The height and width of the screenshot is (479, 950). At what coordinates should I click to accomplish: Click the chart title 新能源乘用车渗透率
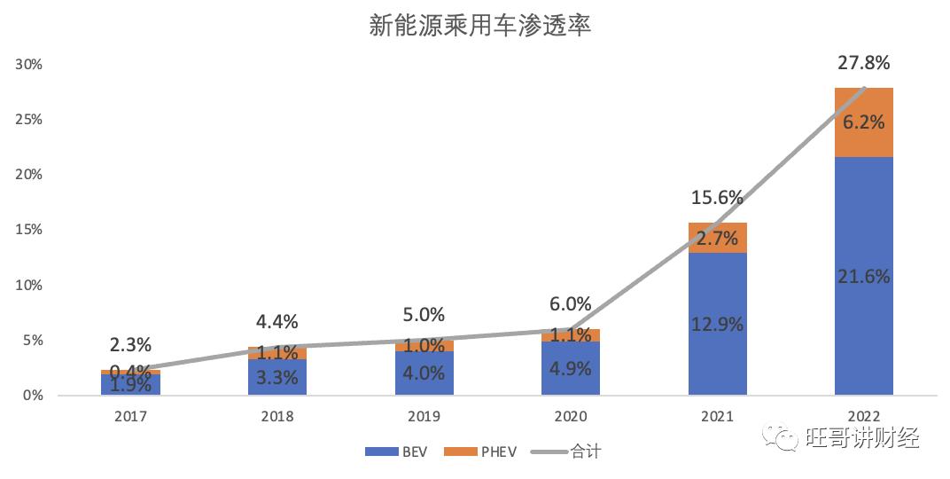click(x=479, y=26)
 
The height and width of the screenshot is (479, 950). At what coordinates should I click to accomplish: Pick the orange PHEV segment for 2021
click(x=717, y=238)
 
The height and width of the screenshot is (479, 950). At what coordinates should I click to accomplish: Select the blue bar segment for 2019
click(x=424, y=373)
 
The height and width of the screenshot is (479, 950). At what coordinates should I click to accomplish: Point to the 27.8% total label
click(x=863, y=63)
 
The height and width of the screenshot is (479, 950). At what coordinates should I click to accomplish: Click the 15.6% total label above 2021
click(x=717, y=198)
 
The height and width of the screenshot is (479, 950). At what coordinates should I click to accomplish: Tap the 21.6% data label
click(x=863, y=276)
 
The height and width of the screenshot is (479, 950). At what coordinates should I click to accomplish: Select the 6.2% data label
click(x=863, y=122)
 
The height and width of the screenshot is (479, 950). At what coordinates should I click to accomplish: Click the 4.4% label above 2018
click(x=277, y=321)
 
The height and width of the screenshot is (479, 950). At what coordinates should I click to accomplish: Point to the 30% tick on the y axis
click(x=28, y=65)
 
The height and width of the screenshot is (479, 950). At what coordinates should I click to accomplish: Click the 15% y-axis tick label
click(x=28, y=230)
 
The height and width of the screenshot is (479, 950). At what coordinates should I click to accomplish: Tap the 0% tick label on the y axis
click(x=32, y=395)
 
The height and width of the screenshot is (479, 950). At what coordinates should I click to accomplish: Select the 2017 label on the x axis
click(x=131, y=415)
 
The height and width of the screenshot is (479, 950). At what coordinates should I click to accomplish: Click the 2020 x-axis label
click(x=571, y=415)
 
